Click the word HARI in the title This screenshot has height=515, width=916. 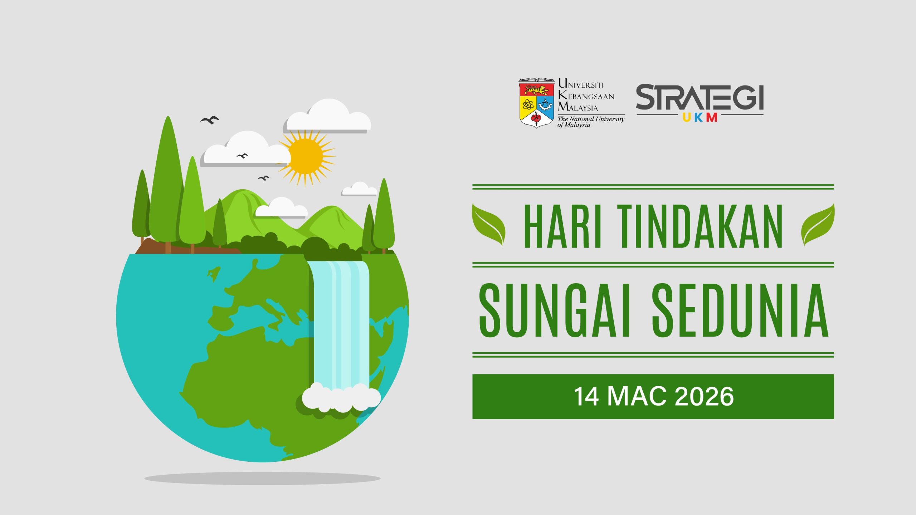(x=561, y=226)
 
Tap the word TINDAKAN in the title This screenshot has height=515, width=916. (x=700, y=226)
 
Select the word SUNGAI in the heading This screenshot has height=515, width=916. (x=554, y=310)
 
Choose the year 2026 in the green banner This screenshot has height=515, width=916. (x=704, y=397)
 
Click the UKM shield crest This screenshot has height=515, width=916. (x=536, y=103)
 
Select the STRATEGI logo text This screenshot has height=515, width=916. (x=700, y=97)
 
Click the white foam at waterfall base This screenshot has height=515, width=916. (x=341, y=397)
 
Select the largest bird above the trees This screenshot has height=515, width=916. (x=210, y=120)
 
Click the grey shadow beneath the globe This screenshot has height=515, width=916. (x=262, y=478)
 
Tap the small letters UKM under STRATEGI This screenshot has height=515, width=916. (x=700, y=118)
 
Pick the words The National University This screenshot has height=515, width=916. (x=591, y=119)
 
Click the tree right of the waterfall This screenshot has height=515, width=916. (x=384, y=216)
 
